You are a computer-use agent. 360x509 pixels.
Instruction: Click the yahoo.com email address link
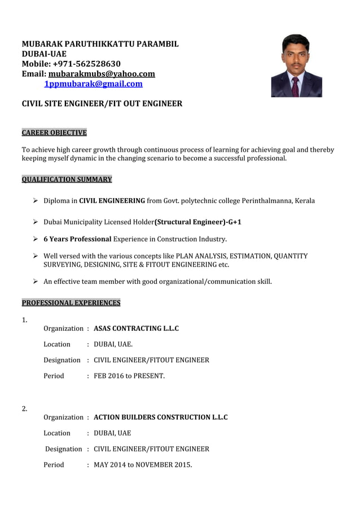(x=102, y=74)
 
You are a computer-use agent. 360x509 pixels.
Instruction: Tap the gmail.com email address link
(x=93, y=84)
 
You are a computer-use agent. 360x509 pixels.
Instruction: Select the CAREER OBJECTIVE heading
(x=54, y=133)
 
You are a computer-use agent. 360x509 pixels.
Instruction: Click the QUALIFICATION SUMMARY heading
(x=67, y=179)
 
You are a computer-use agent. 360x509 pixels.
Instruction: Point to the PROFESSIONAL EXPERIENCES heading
(x=71, y=303)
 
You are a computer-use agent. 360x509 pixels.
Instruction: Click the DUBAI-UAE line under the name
(x=44, y=54)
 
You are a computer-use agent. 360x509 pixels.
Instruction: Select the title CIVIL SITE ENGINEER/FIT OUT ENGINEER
(x=102, y=104)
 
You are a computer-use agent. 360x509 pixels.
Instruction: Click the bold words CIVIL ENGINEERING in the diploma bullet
(x=112, y=201)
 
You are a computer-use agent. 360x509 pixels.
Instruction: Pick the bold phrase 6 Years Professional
(x=77, y=239)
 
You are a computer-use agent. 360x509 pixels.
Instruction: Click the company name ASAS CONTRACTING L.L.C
(x=136, y=328)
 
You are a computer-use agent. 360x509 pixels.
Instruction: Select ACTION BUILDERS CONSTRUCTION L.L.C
(x=160, y=418)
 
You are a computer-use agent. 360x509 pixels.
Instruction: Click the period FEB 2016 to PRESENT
(x=129, y=376)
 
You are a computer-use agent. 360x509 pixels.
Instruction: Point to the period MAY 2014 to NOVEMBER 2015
(x=143, y=465)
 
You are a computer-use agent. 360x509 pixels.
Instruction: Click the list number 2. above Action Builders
(x=25, y=409)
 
